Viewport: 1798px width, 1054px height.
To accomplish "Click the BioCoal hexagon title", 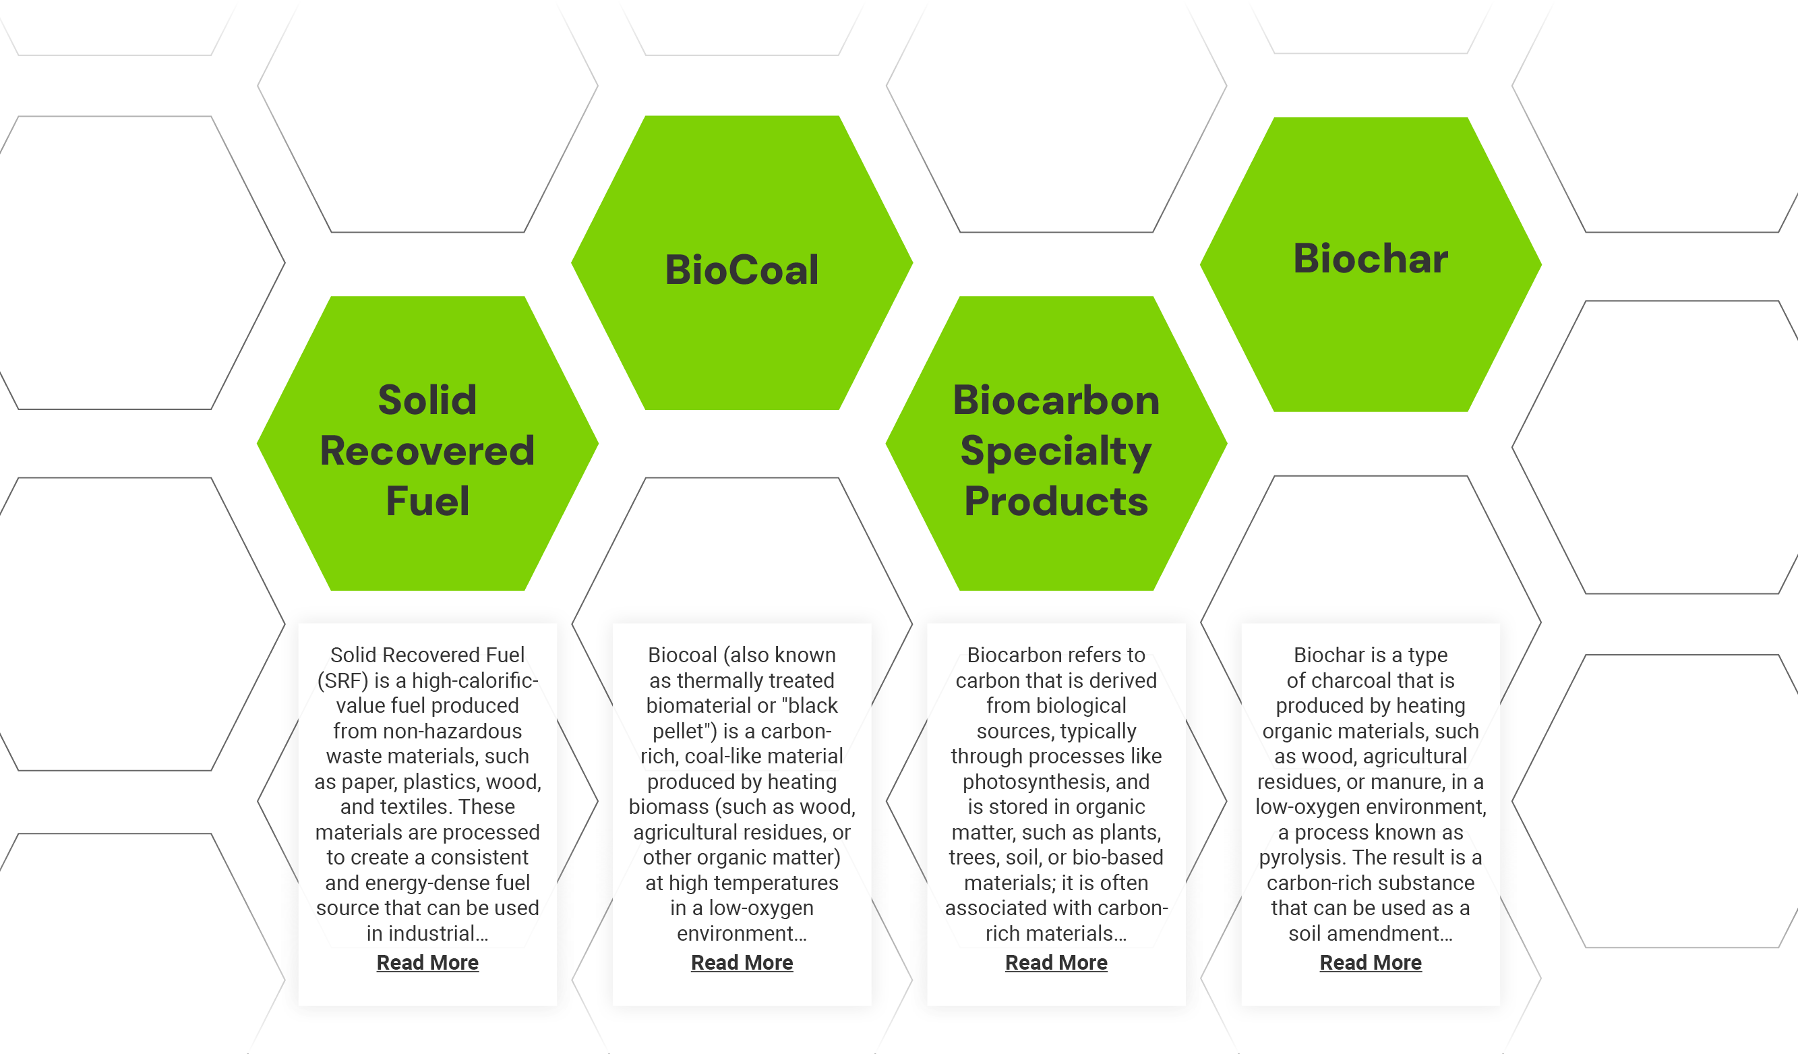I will click(742, 270).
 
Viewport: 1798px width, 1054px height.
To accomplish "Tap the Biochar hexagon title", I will click(1370, 258).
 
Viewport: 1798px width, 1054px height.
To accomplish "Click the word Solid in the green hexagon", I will click(427, 400).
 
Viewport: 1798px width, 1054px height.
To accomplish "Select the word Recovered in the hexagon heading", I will click(427, 451).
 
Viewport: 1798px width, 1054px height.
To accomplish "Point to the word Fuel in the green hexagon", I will click(427, 501).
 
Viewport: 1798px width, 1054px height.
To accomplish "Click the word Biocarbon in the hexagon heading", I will click(1056, 400).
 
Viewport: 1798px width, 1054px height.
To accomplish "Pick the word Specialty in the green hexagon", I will click(1056, 451).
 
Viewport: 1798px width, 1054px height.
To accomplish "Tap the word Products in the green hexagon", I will click(1056, 501).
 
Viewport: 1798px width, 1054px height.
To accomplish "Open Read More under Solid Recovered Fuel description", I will click(427, 963).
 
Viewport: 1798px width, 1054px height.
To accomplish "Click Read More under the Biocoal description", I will click(742, 963).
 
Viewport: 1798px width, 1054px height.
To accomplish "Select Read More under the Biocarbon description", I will click(1056, 963).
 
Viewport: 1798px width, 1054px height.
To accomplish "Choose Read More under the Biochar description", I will click(1371, 963).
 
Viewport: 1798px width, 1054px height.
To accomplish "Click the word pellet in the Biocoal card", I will click(683, 732).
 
